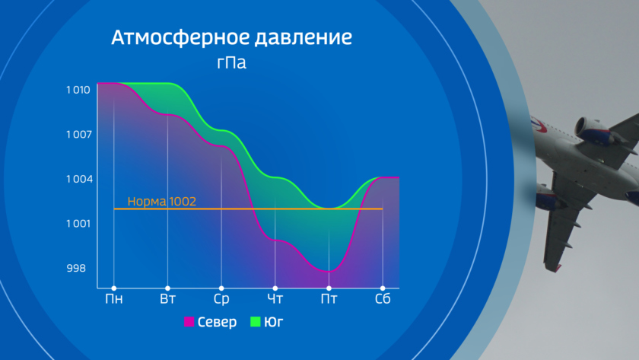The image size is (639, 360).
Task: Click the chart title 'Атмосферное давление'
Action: pyautogui.click(x=231, y=37)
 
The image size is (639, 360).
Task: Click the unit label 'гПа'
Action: pyautogui.click(x=231, y=62)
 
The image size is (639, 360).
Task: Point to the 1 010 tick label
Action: pyautogui.click(x=78, y=90)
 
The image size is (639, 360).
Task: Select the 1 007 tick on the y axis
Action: pyautogui.click(x=79, y=134)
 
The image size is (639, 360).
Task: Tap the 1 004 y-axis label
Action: pyautogui.click(x=79, y=179)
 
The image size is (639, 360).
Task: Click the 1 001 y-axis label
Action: pyautogui.click(x=78, y=224)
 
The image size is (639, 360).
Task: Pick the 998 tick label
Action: pyautogui.click(x=76, y=268)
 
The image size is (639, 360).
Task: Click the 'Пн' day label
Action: pyautogui.click(x=113, y=299)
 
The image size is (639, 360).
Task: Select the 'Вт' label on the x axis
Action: pyautogui.click(x=167, y=299)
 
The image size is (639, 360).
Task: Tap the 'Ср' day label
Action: pyautogui.click(x=221, y=299)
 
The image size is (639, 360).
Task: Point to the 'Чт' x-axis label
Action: pyautogui.click(x=275, y=299)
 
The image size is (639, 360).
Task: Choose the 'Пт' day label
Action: pyautogui.click(x=329, y=299)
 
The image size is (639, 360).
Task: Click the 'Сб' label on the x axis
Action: pyautogui.click(x=383, y=299)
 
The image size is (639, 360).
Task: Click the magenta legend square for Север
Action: pyautogui.click(x=189, y=322)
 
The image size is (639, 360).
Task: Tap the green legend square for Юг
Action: pyautogui.click(x=255, y=322)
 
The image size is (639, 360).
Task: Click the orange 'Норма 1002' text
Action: pyautogui.click(x=162, y=201)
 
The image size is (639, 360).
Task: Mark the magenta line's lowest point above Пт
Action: pyautogui.click(x=329, y=271)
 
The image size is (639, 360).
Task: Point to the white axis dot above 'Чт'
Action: pyautogui.click(x=275, y=288)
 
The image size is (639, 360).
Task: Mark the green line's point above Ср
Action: pyautogui.click(x=221, y=130)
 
